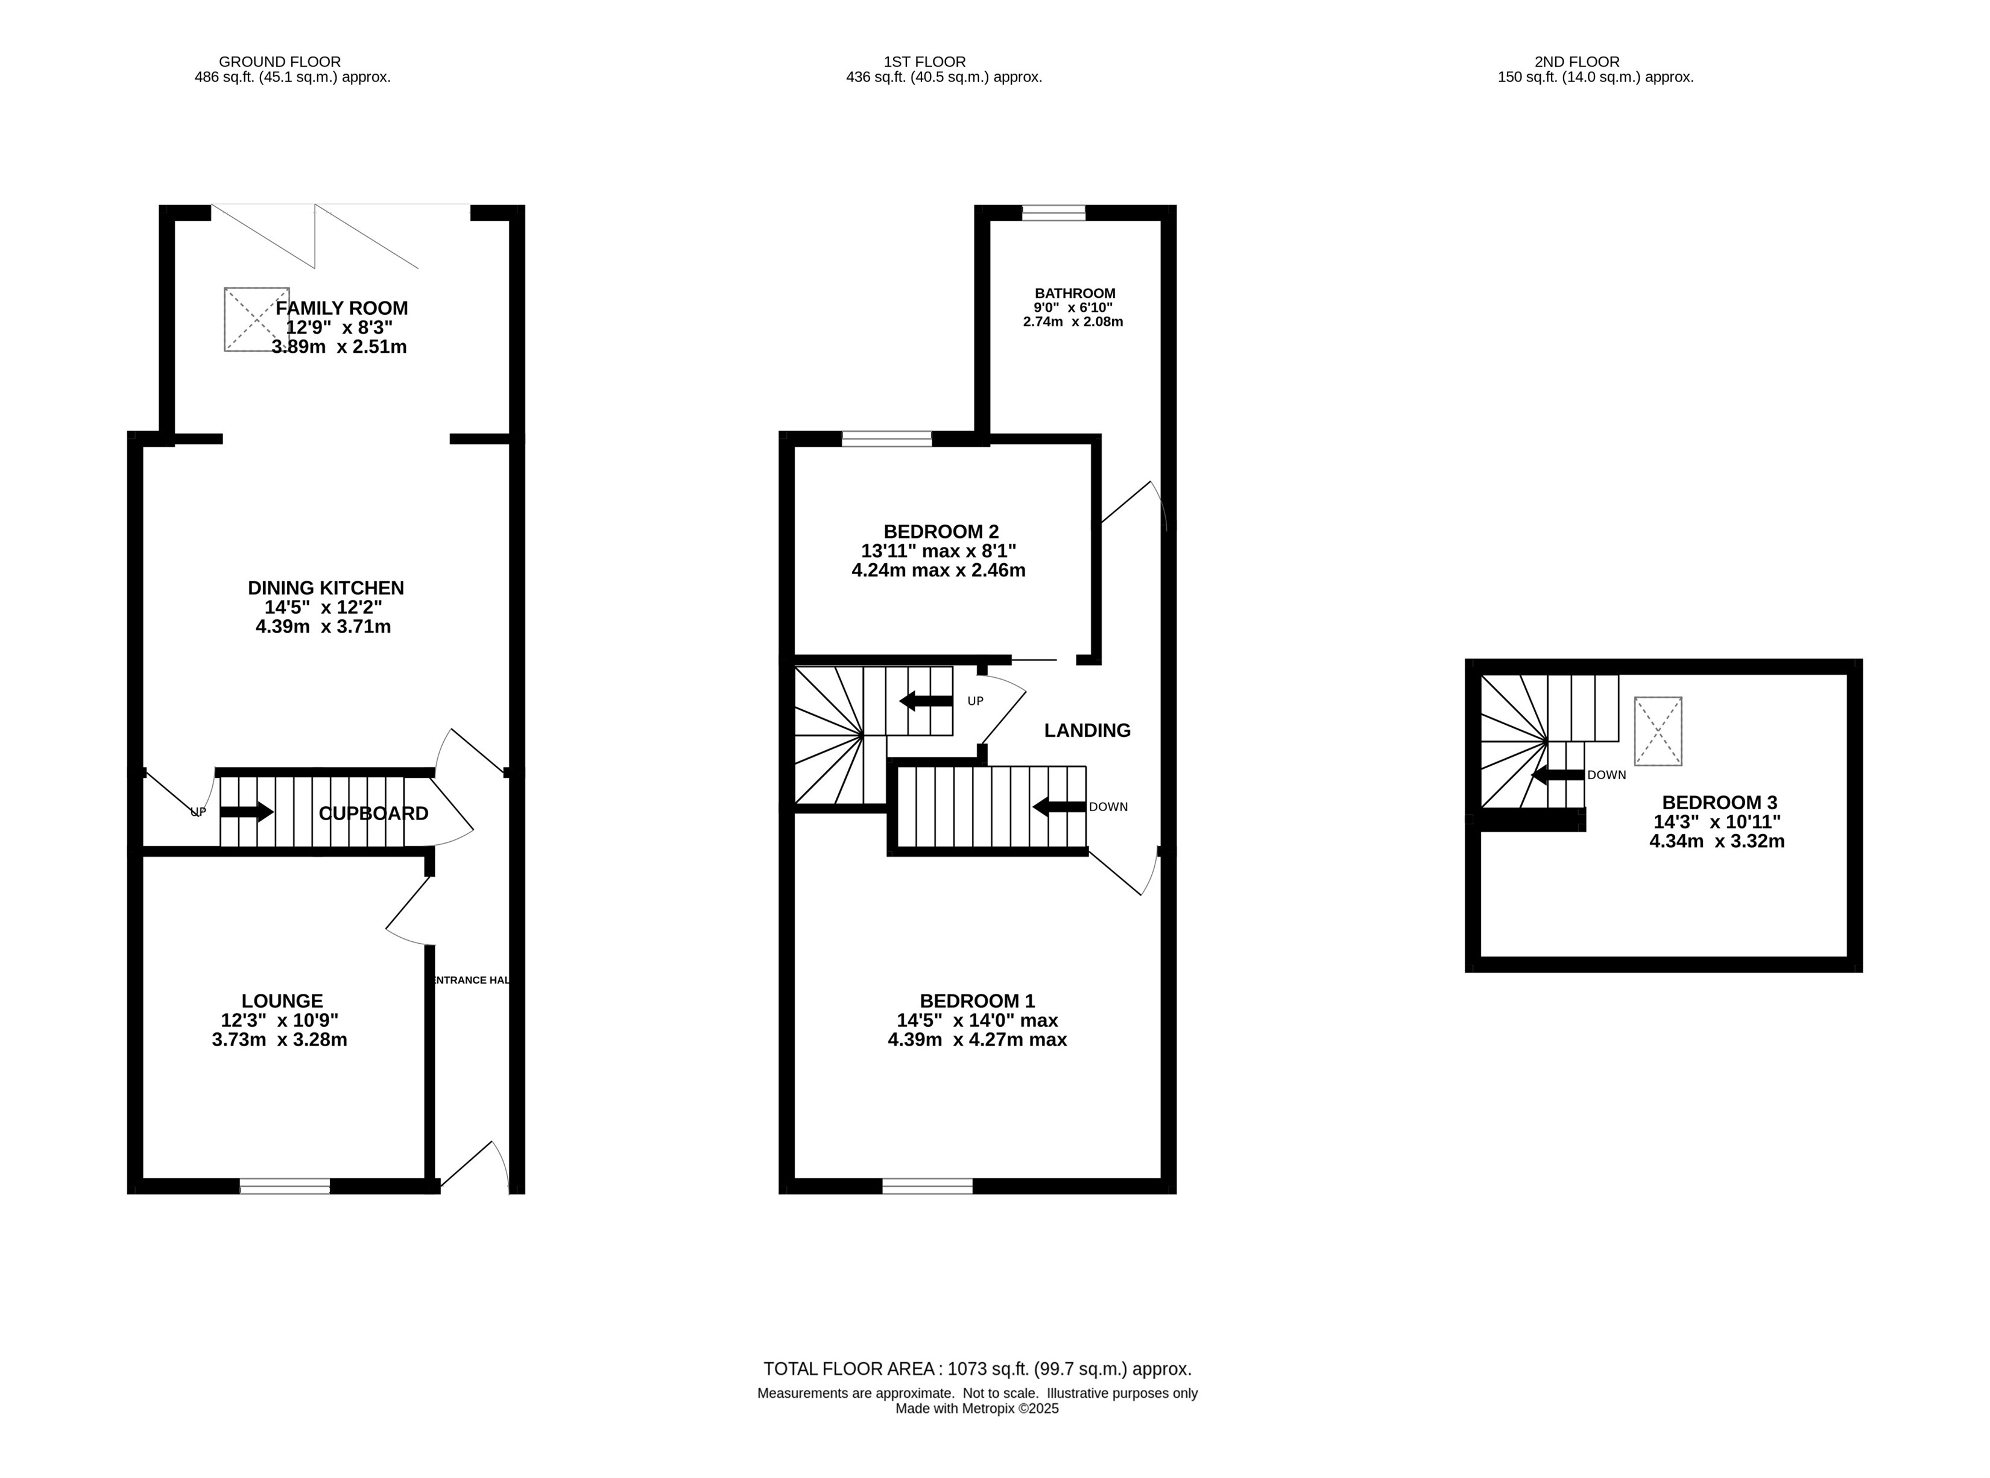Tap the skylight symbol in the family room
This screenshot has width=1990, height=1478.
click(x=257, y=320)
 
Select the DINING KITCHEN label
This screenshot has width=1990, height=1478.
click(x=326, y=588)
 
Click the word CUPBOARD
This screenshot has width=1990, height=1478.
click(x=373, y=813)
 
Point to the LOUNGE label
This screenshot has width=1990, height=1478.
click(x=282, y=1001)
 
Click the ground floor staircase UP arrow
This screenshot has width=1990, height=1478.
click(x=246, y=812)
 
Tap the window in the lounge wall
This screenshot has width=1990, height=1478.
click(x=285, y=1186)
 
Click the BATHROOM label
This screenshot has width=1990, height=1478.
click(x=1075, y=294)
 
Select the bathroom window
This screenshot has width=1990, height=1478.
click(x=1053, y=213)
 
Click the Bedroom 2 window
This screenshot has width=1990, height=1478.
click(x=886, y=438)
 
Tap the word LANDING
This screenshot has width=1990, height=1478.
click(x=1087, y=730)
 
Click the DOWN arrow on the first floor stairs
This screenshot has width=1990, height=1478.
click(x=1060, y=807)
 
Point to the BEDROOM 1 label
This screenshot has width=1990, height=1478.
click(x=977, y=1001)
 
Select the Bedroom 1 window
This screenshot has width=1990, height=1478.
click(x=927, y=1186)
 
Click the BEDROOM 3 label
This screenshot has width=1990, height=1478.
click(x=1719, y=803)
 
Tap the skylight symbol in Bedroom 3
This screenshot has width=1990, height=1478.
click(x=1658, y=731)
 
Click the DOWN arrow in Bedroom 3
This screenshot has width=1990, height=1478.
click(x=1558, y=775)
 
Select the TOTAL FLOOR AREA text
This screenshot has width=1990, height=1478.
click(x=977, y=1369)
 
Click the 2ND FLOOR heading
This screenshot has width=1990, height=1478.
click(x=1576, y=62)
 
